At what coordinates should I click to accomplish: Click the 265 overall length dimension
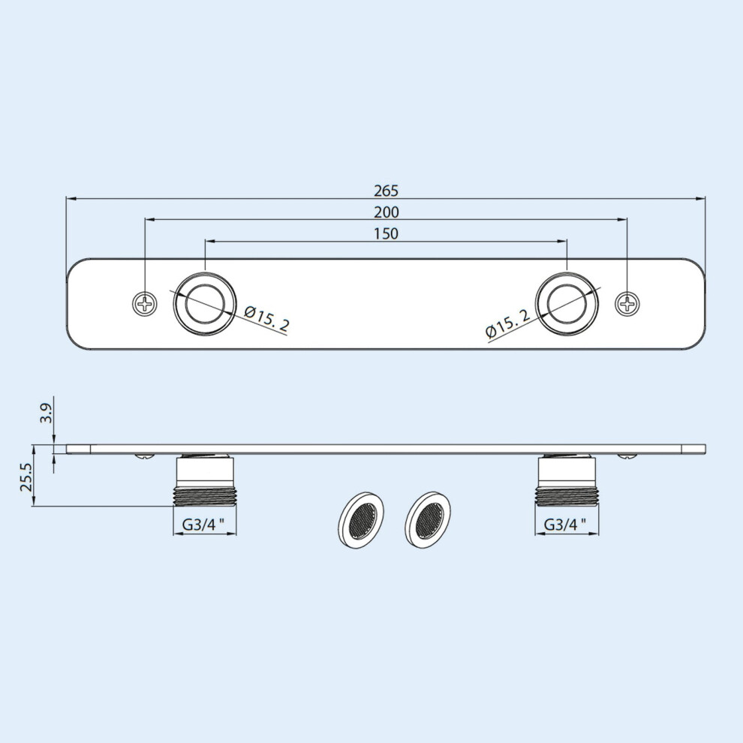pyautogui.click(x=387, y=191)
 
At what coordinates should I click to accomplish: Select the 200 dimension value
pyautogui.click(x=387, y=212)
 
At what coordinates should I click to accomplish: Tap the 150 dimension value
pyautogui.click(x=387, y=233)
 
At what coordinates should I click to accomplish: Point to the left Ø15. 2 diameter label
pyautogui.click(x=266, y=318)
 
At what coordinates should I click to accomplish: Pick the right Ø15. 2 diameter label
pyautogui.click(x=507, y=323)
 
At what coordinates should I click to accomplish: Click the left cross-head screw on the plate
pyautogui.click(x=145, y=302)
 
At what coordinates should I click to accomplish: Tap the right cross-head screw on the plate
pyautogui.click(x=627, y=303)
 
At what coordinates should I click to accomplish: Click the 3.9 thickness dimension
pyautogui.click(x=46, y=413)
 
